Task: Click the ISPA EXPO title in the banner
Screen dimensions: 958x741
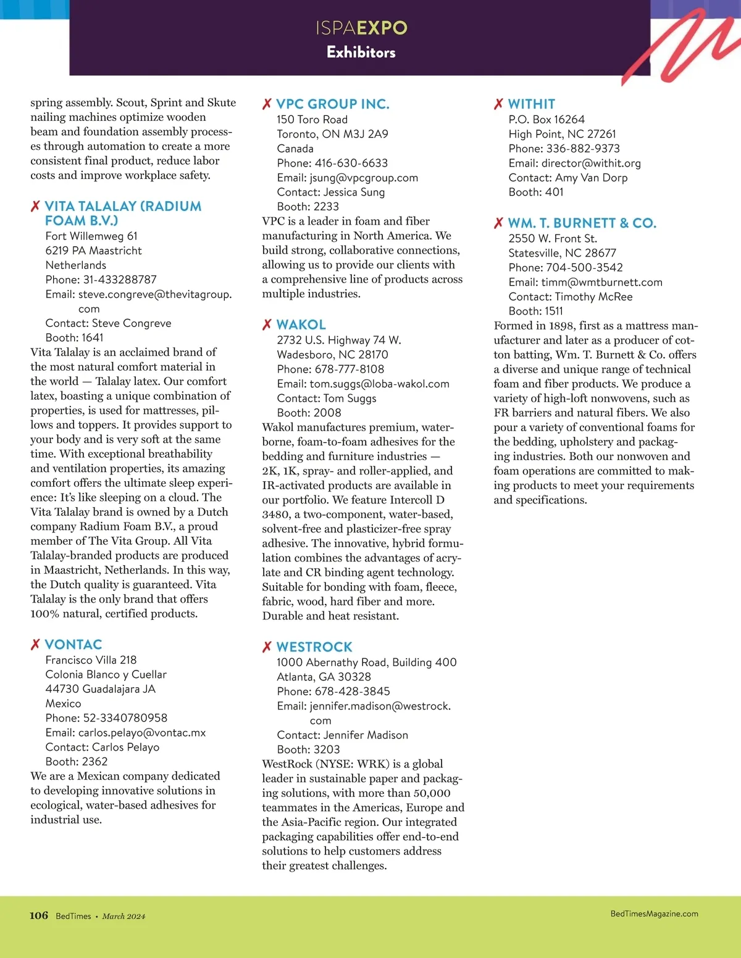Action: click(361, 28)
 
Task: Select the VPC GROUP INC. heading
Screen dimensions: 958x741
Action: click(332, 104)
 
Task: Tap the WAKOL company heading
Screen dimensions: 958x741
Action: click(301, 325)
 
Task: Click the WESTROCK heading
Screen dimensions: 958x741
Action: click(314, 647)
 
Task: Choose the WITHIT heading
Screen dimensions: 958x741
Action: click(531, 104)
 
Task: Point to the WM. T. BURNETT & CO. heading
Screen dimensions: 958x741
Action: click(582, 223)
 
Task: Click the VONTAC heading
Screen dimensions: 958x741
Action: click(73, 645)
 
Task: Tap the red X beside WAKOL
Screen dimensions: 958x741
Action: click(267, 325)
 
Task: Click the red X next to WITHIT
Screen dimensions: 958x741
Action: click(498, 104)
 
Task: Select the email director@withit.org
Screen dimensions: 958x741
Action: click(591, 163)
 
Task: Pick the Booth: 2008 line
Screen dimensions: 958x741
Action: click(309, 413)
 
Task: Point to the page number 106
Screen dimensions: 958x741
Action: click(38, 915)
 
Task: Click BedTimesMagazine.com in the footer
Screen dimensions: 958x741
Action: click(654, 914)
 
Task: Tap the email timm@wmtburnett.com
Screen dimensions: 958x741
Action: click(601, 283)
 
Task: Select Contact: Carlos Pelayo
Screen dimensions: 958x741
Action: click(102, 747)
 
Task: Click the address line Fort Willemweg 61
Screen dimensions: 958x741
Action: click(91, 236)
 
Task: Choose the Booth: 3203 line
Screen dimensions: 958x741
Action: click(308, 749)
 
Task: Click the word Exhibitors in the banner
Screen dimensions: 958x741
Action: click(361, 52)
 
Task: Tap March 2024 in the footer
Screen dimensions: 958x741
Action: click(124, 916)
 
